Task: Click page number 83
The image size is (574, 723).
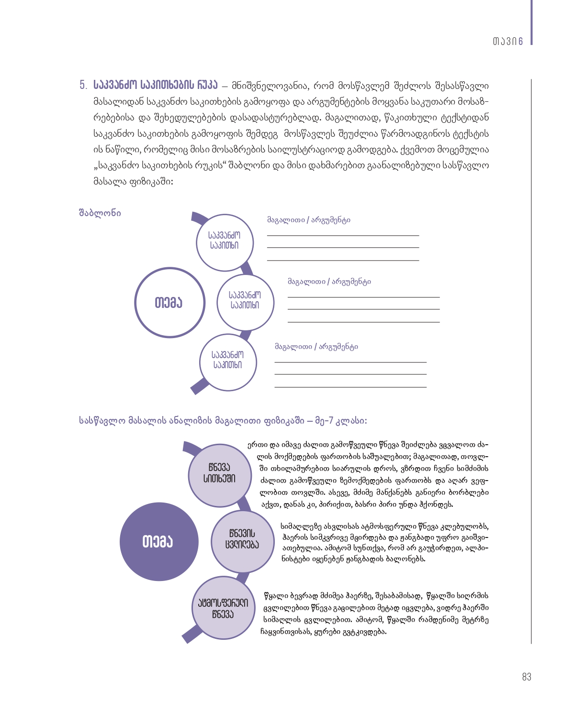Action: tap(527, 677)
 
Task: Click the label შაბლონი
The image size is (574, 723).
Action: tap(100, 213)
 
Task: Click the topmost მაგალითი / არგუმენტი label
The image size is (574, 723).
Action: tap(309, 220)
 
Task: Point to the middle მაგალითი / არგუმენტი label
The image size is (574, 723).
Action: tap(329, 282)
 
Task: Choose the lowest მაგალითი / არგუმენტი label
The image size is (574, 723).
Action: tap(316, 347)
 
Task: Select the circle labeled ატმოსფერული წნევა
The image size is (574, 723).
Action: tap(223, 608)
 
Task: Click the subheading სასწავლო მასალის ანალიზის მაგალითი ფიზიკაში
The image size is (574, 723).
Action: tap(223, 421)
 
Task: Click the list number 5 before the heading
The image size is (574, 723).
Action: tap(83, 86)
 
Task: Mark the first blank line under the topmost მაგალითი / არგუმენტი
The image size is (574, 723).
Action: tap(343, 235)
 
